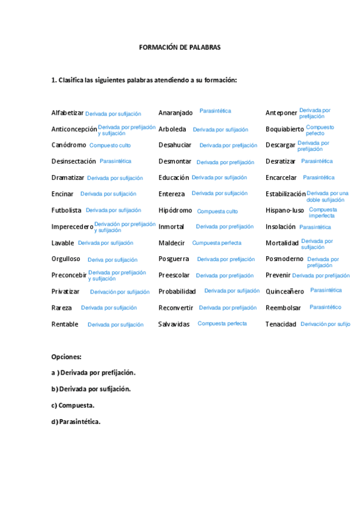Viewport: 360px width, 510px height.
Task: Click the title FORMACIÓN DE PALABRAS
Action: click(180, 47)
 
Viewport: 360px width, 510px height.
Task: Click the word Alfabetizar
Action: click(67, 113)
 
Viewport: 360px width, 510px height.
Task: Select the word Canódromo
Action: click(69, 145)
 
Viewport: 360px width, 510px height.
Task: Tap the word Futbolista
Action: click(66, 210)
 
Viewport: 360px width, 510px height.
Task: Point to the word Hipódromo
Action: click(175, 210)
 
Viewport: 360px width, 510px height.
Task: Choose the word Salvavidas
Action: click(174, 324)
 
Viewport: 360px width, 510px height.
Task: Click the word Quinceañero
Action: click(284, 292)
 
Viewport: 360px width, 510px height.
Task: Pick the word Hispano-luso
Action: click(285, 210)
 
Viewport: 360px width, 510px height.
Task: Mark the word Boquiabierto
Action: click(284, 129)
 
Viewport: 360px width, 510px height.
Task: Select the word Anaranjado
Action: click(175, 113)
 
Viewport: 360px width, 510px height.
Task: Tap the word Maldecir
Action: click(172, 243)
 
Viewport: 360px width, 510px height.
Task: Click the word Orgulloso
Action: click(66, 259)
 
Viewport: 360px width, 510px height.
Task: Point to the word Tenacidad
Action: click(281, 324)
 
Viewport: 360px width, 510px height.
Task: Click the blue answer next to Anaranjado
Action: click(215, 111)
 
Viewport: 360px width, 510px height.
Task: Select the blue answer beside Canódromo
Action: click(110, 146)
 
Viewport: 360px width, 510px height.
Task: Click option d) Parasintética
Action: click(76, 422)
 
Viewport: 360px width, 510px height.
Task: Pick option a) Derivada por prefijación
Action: click(93, 373)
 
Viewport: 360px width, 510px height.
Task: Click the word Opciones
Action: click(66, 357)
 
